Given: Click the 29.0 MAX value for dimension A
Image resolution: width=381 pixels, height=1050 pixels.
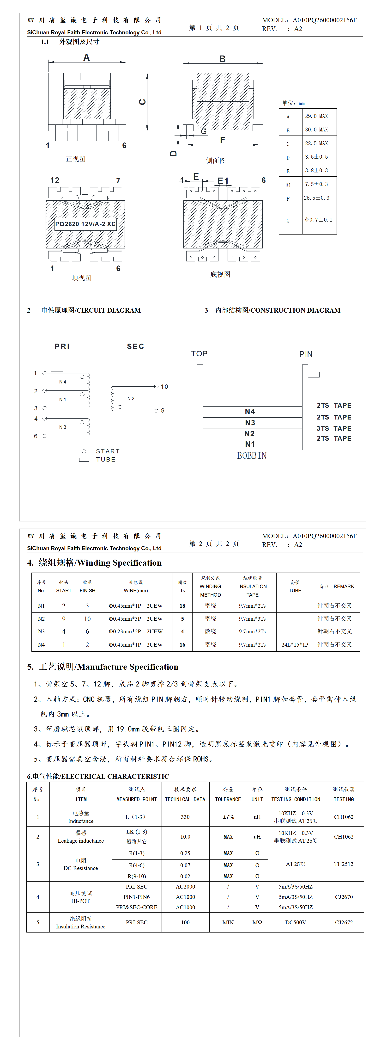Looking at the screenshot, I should tap(316, 116).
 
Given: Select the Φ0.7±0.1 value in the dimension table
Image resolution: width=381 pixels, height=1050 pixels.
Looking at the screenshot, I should tap(318, 220).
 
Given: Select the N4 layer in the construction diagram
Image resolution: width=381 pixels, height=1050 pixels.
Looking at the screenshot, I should tap(250, 412).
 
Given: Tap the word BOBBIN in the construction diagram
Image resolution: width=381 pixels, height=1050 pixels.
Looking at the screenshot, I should tap(252, 456).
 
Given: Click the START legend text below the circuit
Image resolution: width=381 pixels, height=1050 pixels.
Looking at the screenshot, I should tap(108, 451).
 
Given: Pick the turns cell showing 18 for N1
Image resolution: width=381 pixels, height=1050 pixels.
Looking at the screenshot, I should tap(182, 606).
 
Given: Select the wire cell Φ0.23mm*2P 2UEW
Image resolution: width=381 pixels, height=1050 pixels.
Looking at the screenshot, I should tap(135, 631).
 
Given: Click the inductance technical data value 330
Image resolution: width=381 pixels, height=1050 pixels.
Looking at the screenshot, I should tap(185, 817).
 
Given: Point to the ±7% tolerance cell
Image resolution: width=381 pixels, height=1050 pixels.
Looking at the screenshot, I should tap(228, 817).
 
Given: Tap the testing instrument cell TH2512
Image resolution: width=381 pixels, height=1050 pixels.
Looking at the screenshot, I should tap(344, 864).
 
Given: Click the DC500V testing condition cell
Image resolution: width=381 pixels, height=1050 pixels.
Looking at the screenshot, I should tap(296, 922).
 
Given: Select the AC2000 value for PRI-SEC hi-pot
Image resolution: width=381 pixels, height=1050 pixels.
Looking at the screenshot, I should tap(185, 887).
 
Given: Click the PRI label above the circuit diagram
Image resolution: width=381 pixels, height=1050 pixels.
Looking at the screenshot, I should tap(62, 346).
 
